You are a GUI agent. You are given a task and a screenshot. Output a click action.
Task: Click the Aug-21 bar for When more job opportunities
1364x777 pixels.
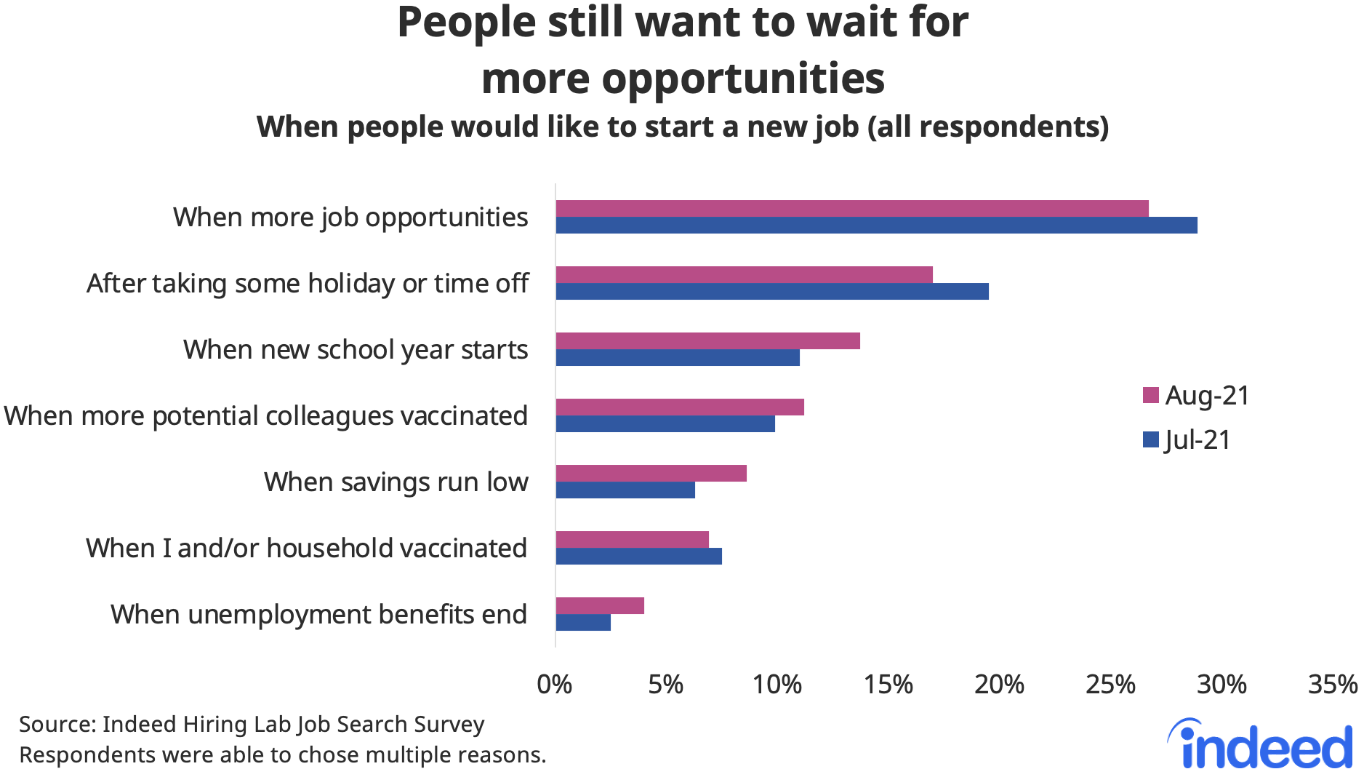[x=851, y=209]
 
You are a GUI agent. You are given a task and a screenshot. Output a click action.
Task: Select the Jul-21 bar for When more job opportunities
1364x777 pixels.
[x=876, y=226]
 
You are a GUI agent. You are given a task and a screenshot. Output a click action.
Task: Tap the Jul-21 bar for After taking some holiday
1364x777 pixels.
[x=771, y=292]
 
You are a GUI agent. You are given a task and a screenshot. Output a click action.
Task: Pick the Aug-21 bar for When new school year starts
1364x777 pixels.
[x=707, y=341]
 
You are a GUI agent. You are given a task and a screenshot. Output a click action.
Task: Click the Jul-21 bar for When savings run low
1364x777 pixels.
[x=625, y=490]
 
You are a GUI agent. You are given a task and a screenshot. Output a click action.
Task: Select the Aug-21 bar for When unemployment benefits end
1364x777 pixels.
[x=600, y=606]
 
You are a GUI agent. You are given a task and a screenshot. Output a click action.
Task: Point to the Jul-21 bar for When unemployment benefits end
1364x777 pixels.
[x=583, y=623]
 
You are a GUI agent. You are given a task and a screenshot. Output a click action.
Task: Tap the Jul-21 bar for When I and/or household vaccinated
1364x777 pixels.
[x=638, y=557]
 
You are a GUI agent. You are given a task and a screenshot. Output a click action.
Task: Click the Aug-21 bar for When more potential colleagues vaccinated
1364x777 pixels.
[x=680, y=407]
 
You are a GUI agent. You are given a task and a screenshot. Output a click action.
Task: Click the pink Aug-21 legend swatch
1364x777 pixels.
[x=1150, y=396]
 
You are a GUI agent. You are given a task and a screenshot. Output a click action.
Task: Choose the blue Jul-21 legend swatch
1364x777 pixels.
[x=1150, y=440]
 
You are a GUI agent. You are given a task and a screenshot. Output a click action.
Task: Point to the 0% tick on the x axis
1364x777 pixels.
[x=555, y=685]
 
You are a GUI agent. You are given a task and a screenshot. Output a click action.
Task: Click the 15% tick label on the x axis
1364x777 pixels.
[x=888, y=685]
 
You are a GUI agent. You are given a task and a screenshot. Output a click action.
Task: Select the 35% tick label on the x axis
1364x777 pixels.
[x=1333, y=685]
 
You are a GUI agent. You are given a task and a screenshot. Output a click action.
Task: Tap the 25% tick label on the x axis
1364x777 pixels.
[x=1110, y=685]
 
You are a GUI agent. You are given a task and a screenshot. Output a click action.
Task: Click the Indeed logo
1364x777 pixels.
[x=1261, y=744]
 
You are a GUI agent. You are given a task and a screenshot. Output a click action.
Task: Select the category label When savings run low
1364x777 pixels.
[x=396, y=482]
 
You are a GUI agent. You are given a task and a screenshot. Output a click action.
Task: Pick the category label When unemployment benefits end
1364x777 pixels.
[x=318, y=615]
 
